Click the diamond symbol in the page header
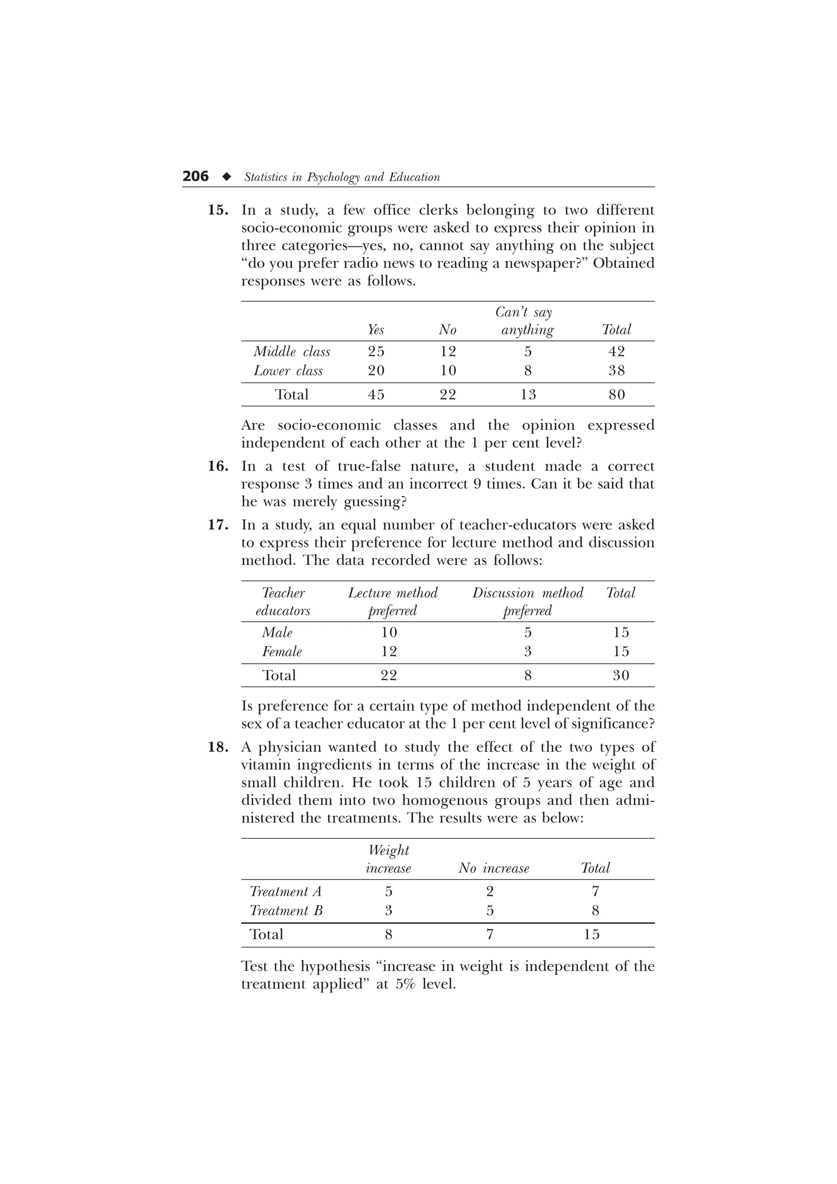click(x=226, y=177)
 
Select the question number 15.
click(x=218, y=210)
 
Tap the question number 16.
click(x=218, y=466)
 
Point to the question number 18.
click(x=218, y=747)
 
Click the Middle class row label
click(x=292, y=352)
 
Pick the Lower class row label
click(x=288, y=371)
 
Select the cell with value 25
click(x=376, y=352)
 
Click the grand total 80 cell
click(x=617, y=395)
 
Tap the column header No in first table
click(x=448, y=330)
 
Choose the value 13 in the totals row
click(x=528, y=395)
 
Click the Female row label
click(x=282, y=652)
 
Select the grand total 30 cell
click(x=621, y=675)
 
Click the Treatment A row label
click(x=286, y=891)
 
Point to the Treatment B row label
click(x=286, y=911)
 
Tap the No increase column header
click(x=494, y=869)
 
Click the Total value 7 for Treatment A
click(x=595, y=891)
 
